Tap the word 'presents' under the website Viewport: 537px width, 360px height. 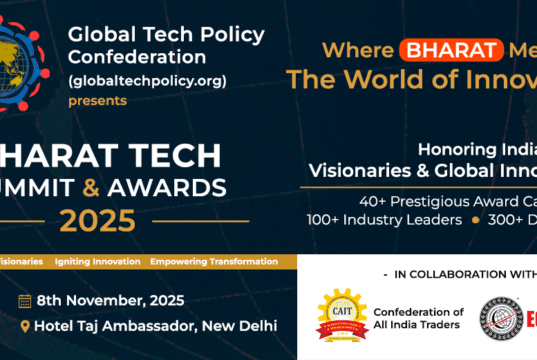[97, 100]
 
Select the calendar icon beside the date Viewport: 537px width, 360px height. [24, 301]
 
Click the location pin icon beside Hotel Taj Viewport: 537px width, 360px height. [24, 327]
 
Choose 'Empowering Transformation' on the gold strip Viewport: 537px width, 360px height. [214, 261]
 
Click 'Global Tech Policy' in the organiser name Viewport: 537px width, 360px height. [166, 35]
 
